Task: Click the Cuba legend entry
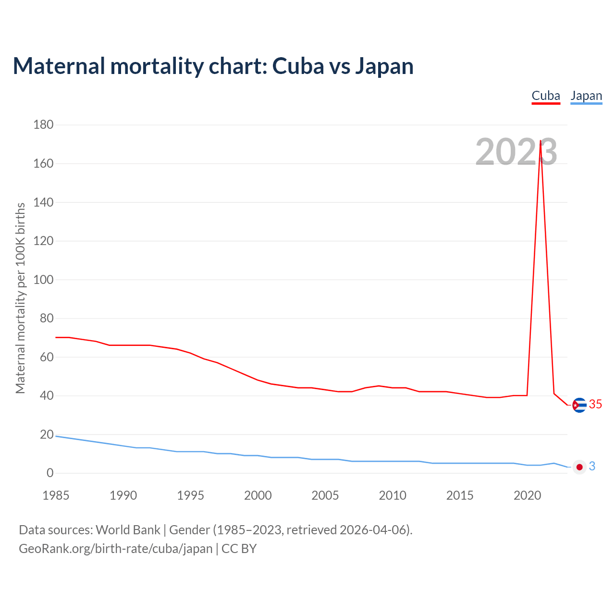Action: click(546, 96)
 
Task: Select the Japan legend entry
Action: click(586, 96)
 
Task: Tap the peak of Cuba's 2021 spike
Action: click(541, 141)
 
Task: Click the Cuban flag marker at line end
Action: click(579, 405)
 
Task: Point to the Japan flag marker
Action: click(579, 467)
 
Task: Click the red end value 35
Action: click(595, 405)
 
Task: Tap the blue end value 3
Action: click(592, 466)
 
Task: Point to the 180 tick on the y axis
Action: click(43, 125)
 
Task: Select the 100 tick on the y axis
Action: click(43, 280)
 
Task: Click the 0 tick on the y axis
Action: click(50, 473)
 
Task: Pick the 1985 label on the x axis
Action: click(56, 495)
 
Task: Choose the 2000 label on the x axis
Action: click(258, 495)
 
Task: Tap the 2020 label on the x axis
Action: click(527, 495)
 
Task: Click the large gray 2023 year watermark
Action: click(516, 152)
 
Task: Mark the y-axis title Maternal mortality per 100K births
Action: click(20, 298)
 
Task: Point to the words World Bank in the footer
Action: click(128, 530)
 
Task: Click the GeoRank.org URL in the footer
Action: click(115, 549)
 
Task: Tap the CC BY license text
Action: click(239, 549)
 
